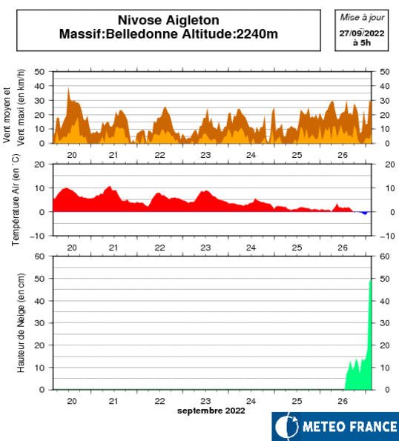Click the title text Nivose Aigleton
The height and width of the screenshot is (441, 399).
(168, 20)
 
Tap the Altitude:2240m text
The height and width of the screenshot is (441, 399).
(230, 34)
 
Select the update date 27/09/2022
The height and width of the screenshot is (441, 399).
(362, 33)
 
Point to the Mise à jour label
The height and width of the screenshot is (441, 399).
(362, 18)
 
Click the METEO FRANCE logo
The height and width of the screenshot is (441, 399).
(335, 426)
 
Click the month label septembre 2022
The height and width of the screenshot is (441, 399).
(211, 411)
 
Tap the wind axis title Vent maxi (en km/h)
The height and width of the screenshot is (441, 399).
(21, 107)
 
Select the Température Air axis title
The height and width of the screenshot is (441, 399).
(16, 199)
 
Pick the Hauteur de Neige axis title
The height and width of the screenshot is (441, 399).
(21, 323)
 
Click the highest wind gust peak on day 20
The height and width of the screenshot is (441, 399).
(68, 88)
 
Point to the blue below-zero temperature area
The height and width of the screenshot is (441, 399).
(363, 213)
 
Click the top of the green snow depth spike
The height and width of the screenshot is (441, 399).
(370, 281)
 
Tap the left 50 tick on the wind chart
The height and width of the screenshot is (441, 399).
(39, 72)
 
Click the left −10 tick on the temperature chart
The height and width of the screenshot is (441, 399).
(37, 236)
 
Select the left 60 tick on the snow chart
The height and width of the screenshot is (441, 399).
(39, 256)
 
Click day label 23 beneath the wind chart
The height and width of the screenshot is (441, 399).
(205, 155)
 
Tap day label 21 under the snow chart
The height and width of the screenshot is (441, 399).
(113, 401)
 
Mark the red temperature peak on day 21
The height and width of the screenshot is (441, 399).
(110, 187)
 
